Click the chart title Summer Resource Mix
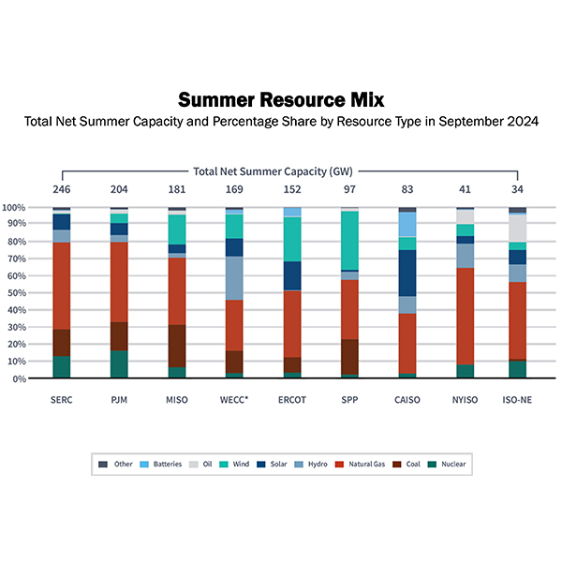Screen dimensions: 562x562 [x=280, y=99]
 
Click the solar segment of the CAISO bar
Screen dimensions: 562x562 [x=407, y=273]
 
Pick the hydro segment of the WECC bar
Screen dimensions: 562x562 [x=234, y=278]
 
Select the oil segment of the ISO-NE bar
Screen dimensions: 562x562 [x=517, y=228]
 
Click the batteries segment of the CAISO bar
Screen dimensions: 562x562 [x=407, y=224]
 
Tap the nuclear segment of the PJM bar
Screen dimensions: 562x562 [x=119, y=364]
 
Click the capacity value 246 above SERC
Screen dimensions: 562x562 [x=62, y=188]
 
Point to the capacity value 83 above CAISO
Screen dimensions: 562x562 [x=407, y=188]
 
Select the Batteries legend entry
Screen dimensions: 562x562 [x=166, y=464]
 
